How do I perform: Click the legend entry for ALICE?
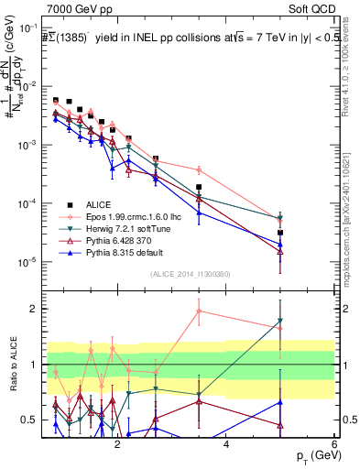[x=96, y=204]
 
